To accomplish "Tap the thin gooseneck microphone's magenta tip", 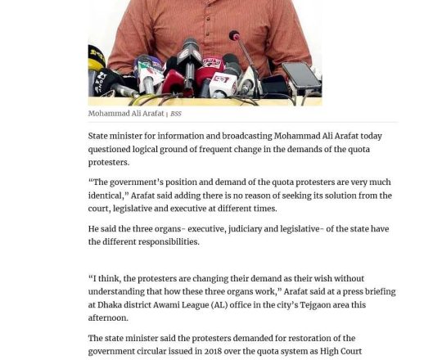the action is pyautogui.click(x=234, y=36).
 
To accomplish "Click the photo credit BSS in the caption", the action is pyautogui.click(x=176, y=114).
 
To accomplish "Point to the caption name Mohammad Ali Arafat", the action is pyautogui.click(x=126, y=114).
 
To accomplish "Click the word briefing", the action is pyautogui.click(x=377, y=291).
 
